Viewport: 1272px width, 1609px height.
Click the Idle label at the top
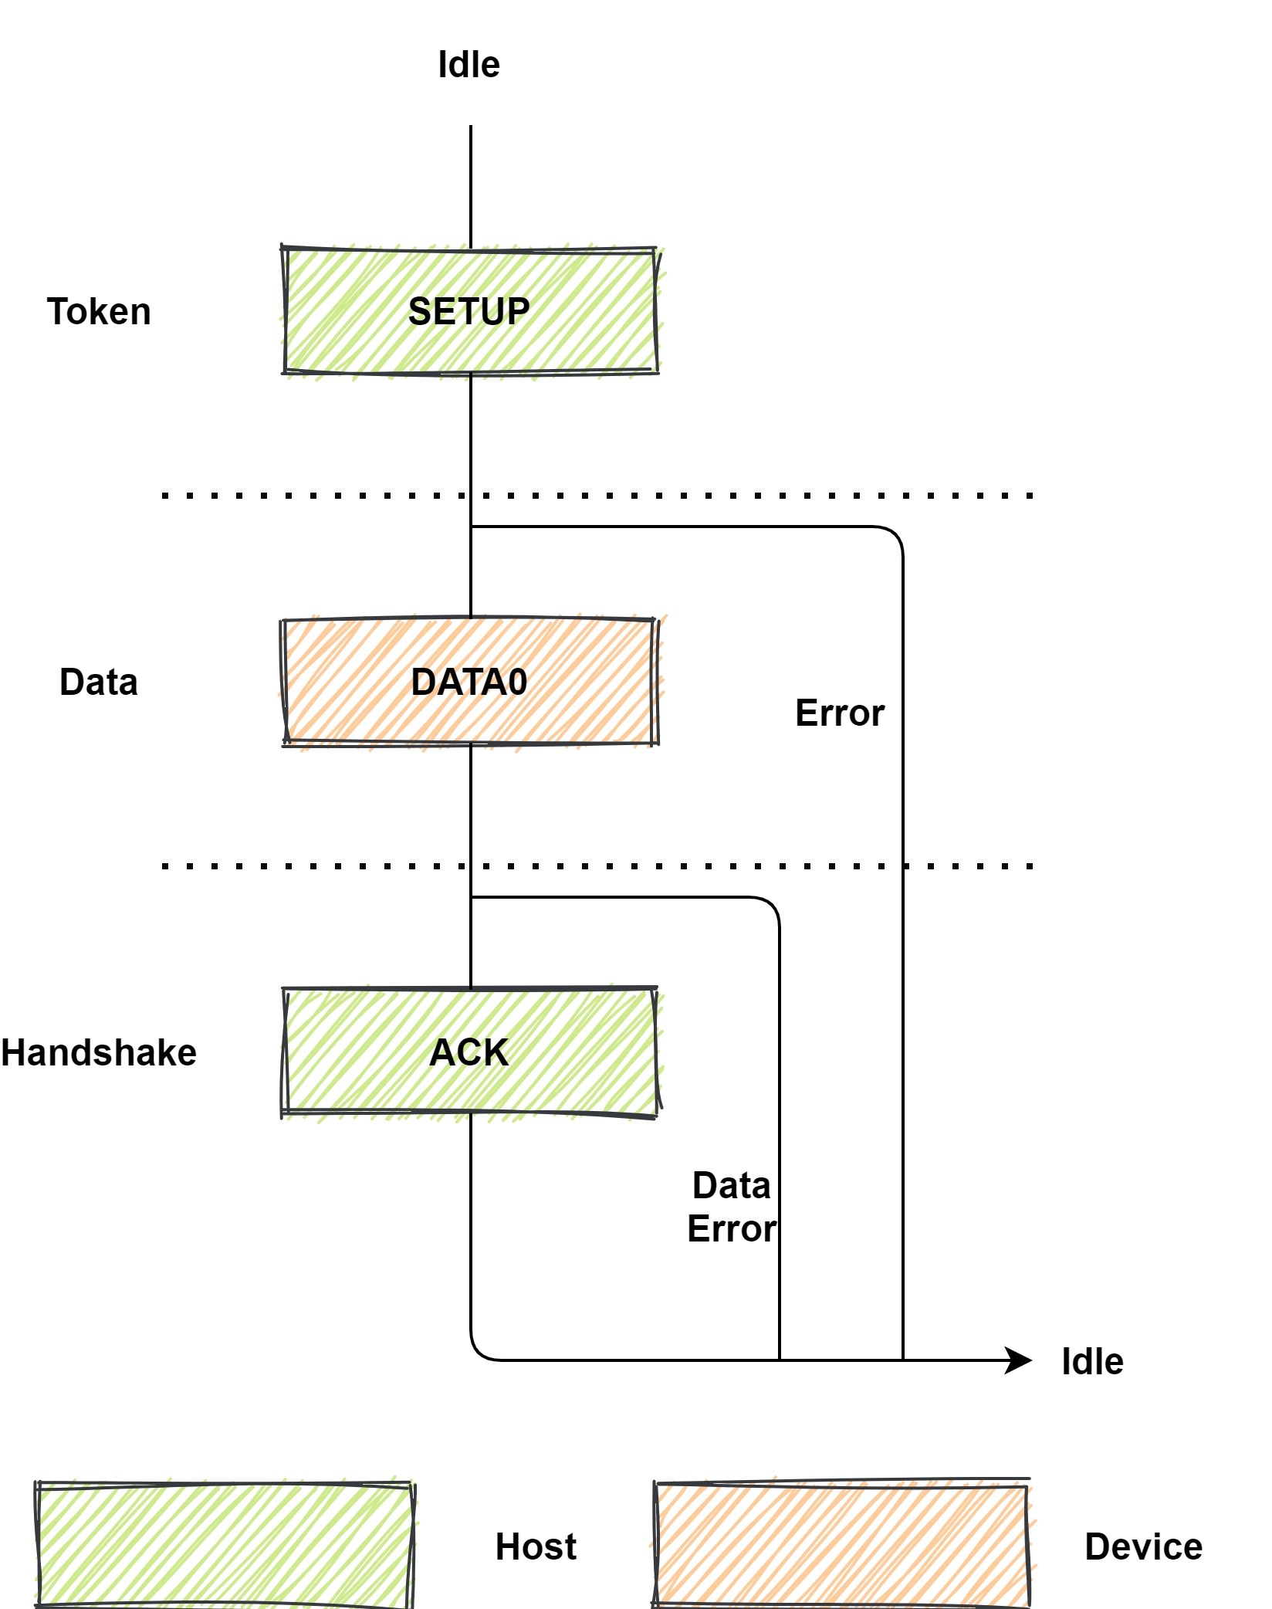point(469,65)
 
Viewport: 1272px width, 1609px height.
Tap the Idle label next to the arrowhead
point(1091,1362)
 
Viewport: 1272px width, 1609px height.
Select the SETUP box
point(469,311)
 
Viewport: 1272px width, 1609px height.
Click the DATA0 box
point(469,682)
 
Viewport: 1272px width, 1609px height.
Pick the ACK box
point(469,1052)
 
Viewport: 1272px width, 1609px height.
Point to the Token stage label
point(99,312)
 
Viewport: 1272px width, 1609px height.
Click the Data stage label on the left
point(99,683)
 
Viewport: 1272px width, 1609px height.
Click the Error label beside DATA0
point(839,713)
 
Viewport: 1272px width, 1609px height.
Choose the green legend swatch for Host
point(224,1545)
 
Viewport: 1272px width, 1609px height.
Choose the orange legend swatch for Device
point(841,1545)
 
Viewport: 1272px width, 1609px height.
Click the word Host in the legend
point(536,1547)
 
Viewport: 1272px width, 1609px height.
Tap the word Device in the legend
point(1143,1547)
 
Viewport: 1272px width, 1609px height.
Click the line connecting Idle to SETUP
point(471,185)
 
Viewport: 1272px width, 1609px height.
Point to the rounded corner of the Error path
point(894,535)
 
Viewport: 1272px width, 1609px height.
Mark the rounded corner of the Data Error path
point(770,906)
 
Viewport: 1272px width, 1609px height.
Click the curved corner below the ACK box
point(479,1352)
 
